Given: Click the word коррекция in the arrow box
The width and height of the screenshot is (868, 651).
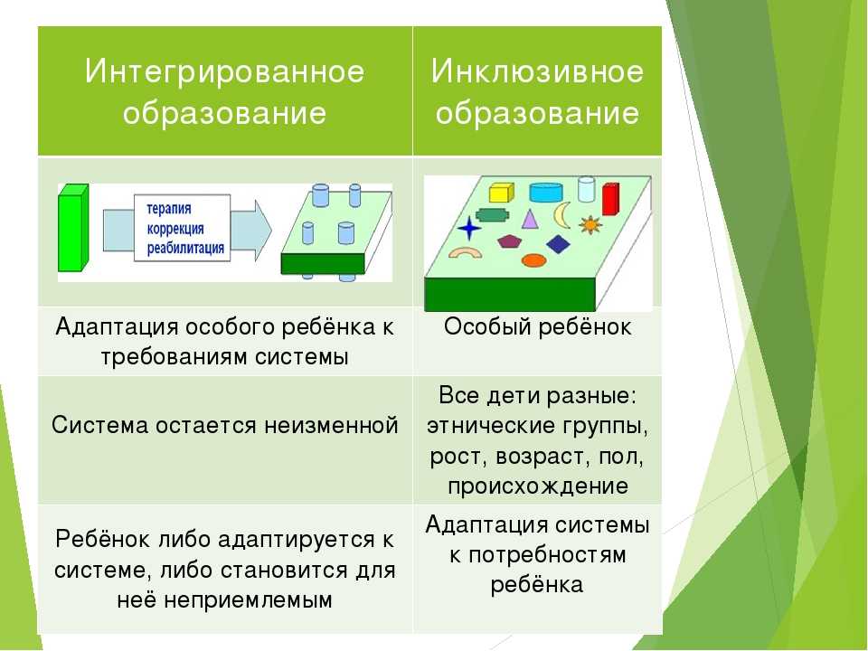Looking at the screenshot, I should (175, 228).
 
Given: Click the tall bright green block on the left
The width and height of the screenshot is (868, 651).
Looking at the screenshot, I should (71, 227).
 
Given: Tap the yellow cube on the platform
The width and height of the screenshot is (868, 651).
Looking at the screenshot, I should (500, 192).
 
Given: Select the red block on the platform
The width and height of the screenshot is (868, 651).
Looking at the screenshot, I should (610, 198).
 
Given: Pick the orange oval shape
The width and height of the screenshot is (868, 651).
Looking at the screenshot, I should (534, 260).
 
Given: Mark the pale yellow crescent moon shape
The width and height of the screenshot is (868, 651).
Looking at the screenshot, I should (563, 214).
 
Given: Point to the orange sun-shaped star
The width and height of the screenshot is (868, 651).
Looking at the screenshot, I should (590, 224).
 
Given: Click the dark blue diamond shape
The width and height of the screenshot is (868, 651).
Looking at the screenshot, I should (559, 244).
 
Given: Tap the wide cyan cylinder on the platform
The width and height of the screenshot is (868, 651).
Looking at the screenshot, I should (545, 192).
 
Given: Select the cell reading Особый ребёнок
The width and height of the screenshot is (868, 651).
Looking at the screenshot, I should (537, 327).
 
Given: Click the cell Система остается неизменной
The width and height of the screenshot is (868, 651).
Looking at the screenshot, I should (224, 424).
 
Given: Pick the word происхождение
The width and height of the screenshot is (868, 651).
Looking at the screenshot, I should (537, 486).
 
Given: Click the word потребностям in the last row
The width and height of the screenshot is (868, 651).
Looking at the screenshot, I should (537, 554).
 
